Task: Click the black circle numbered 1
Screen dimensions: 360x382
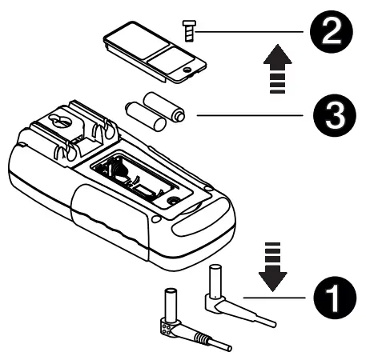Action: (331, 297)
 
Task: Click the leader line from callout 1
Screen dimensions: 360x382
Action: (276, 297)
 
